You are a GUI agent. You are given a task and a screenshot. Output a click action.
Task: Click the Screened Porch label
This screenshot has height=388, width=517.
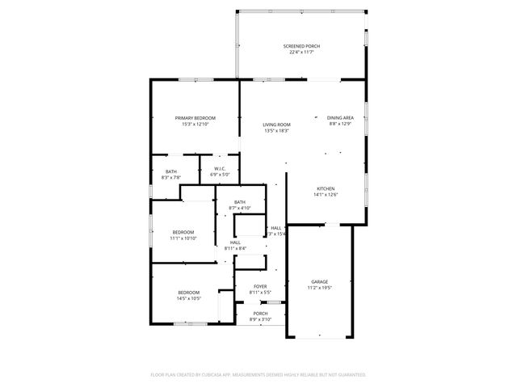coord(301,46)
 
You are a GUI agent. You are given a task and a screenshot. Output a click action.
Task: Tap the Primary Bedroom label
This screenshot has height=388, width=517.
coord(195,118)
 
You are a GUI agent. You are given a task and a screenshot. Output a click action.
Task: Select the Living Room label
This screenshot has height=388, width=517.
coord(276,124)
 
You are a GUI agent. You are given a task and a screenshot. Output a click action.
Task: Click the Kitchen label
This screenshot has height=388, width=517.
coord(326,188)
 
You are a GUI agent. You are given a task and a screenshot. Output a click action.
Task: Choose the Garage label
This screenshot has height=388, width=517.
coord(320,281)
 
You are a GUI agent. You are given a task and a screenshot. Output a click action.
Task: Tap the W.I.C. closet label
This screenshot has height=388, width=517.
coord(220,169)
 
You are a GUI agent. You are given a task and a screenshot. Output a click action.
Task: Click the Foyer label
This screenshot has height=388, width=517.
coord(260,285)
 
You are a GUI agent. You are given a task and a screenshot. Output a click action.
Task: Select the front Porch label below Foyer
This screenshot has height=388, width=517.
coord(260,314)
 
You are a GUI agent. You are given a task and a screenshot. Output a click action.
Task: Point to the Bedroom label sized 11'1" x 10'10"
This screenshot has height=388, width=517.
coord(183,232)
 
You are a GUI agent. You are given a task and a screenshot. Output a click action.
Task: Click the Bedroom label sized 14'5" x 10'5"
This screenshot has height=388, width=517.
coord(188,292)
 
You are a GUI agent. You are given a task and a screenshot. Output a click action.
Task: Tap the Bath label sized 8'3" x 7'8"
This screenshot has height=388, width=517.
coord(171,171)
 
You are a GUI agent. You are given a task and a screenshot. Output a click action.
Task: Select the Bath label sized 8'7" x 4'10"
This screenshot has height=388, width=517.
coord(240,202)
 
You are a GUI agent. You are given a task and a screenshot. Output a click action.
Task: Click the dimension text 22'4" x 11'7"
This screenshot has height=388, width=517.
coord(301,53)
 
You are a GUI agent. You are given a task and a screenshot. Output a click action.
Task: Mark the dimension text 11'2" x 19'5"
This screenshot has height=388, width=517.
coord(320,288)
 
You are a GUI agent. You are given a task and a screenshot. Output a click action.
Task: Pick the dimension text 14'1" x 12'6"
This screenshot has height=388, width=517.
coord(326,195)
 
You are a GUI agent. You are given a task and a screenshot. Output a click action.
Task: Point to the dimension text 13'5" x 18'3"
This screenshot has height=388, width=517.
coord(276,131)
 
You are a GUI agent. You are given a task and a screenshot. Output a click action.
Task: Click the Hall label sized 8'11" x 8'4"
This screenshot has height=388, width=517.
coord(235,242)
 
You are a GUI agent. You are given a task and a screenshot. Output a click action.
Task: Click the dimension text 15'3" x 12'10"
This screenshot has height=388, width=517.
coord(195,124)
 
